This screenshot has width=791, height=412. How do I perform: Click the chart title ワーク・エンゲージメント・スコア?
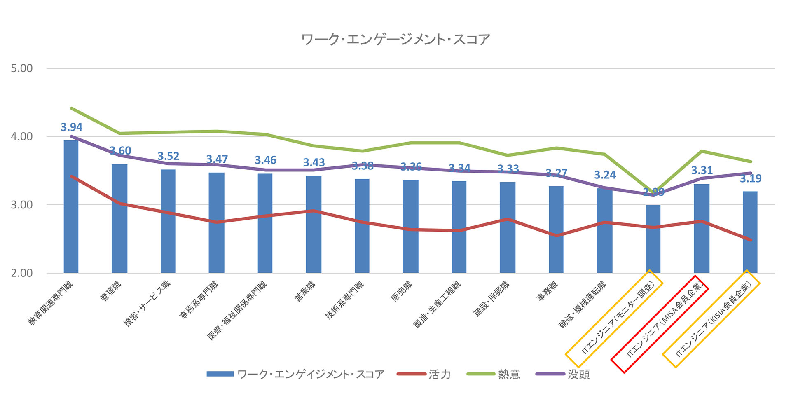pos(395,40)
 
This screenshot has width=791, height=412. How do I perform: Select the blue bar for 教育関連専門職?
pos(71,206)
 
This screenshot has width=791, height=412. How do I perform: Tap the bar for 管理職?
pos(119,218)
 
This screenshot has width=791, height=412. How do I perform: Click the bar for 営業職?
pos(314,225)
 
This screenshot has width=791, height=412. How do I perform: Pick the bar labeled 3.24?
pos(604,231)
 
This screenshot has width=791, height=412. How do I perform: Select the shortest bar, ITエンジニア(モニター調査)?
pos(653,239)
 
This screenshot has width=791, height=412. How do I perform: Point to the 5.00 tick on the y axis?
pos(22,68)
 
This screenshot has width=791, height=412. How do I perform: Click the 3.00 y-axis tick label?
pos(22,205)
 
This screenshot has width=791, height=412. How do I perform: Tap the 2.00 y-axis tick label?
pos(22,273)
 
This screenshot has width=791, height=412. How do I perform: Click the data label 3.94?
pos(72,127)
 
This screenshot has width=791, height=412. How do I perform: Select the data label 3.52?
pos(168,157)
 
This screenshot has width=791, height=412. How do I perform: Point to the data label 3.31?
pos(702,171)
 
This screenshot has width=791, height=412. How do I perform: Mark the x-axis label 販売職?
pos(401,292)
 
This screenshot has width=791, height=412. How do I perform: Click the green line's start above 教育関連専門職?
pos(72,108)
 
